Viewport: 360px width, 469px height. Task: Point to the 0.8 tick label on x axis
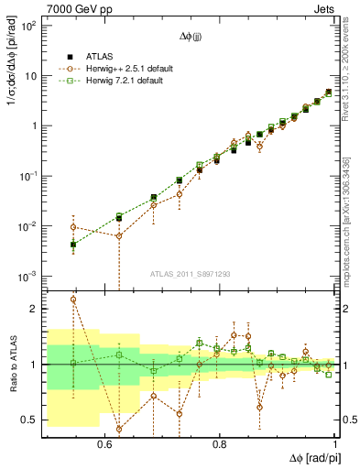[219, 444]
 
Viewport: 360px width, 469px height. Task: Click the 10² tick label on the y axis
[27, 26]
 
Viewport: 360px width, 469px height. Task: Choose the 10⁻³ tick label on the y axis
[27, 276]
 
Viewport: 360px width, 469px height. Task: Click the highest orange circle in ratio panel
[73, 300]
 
